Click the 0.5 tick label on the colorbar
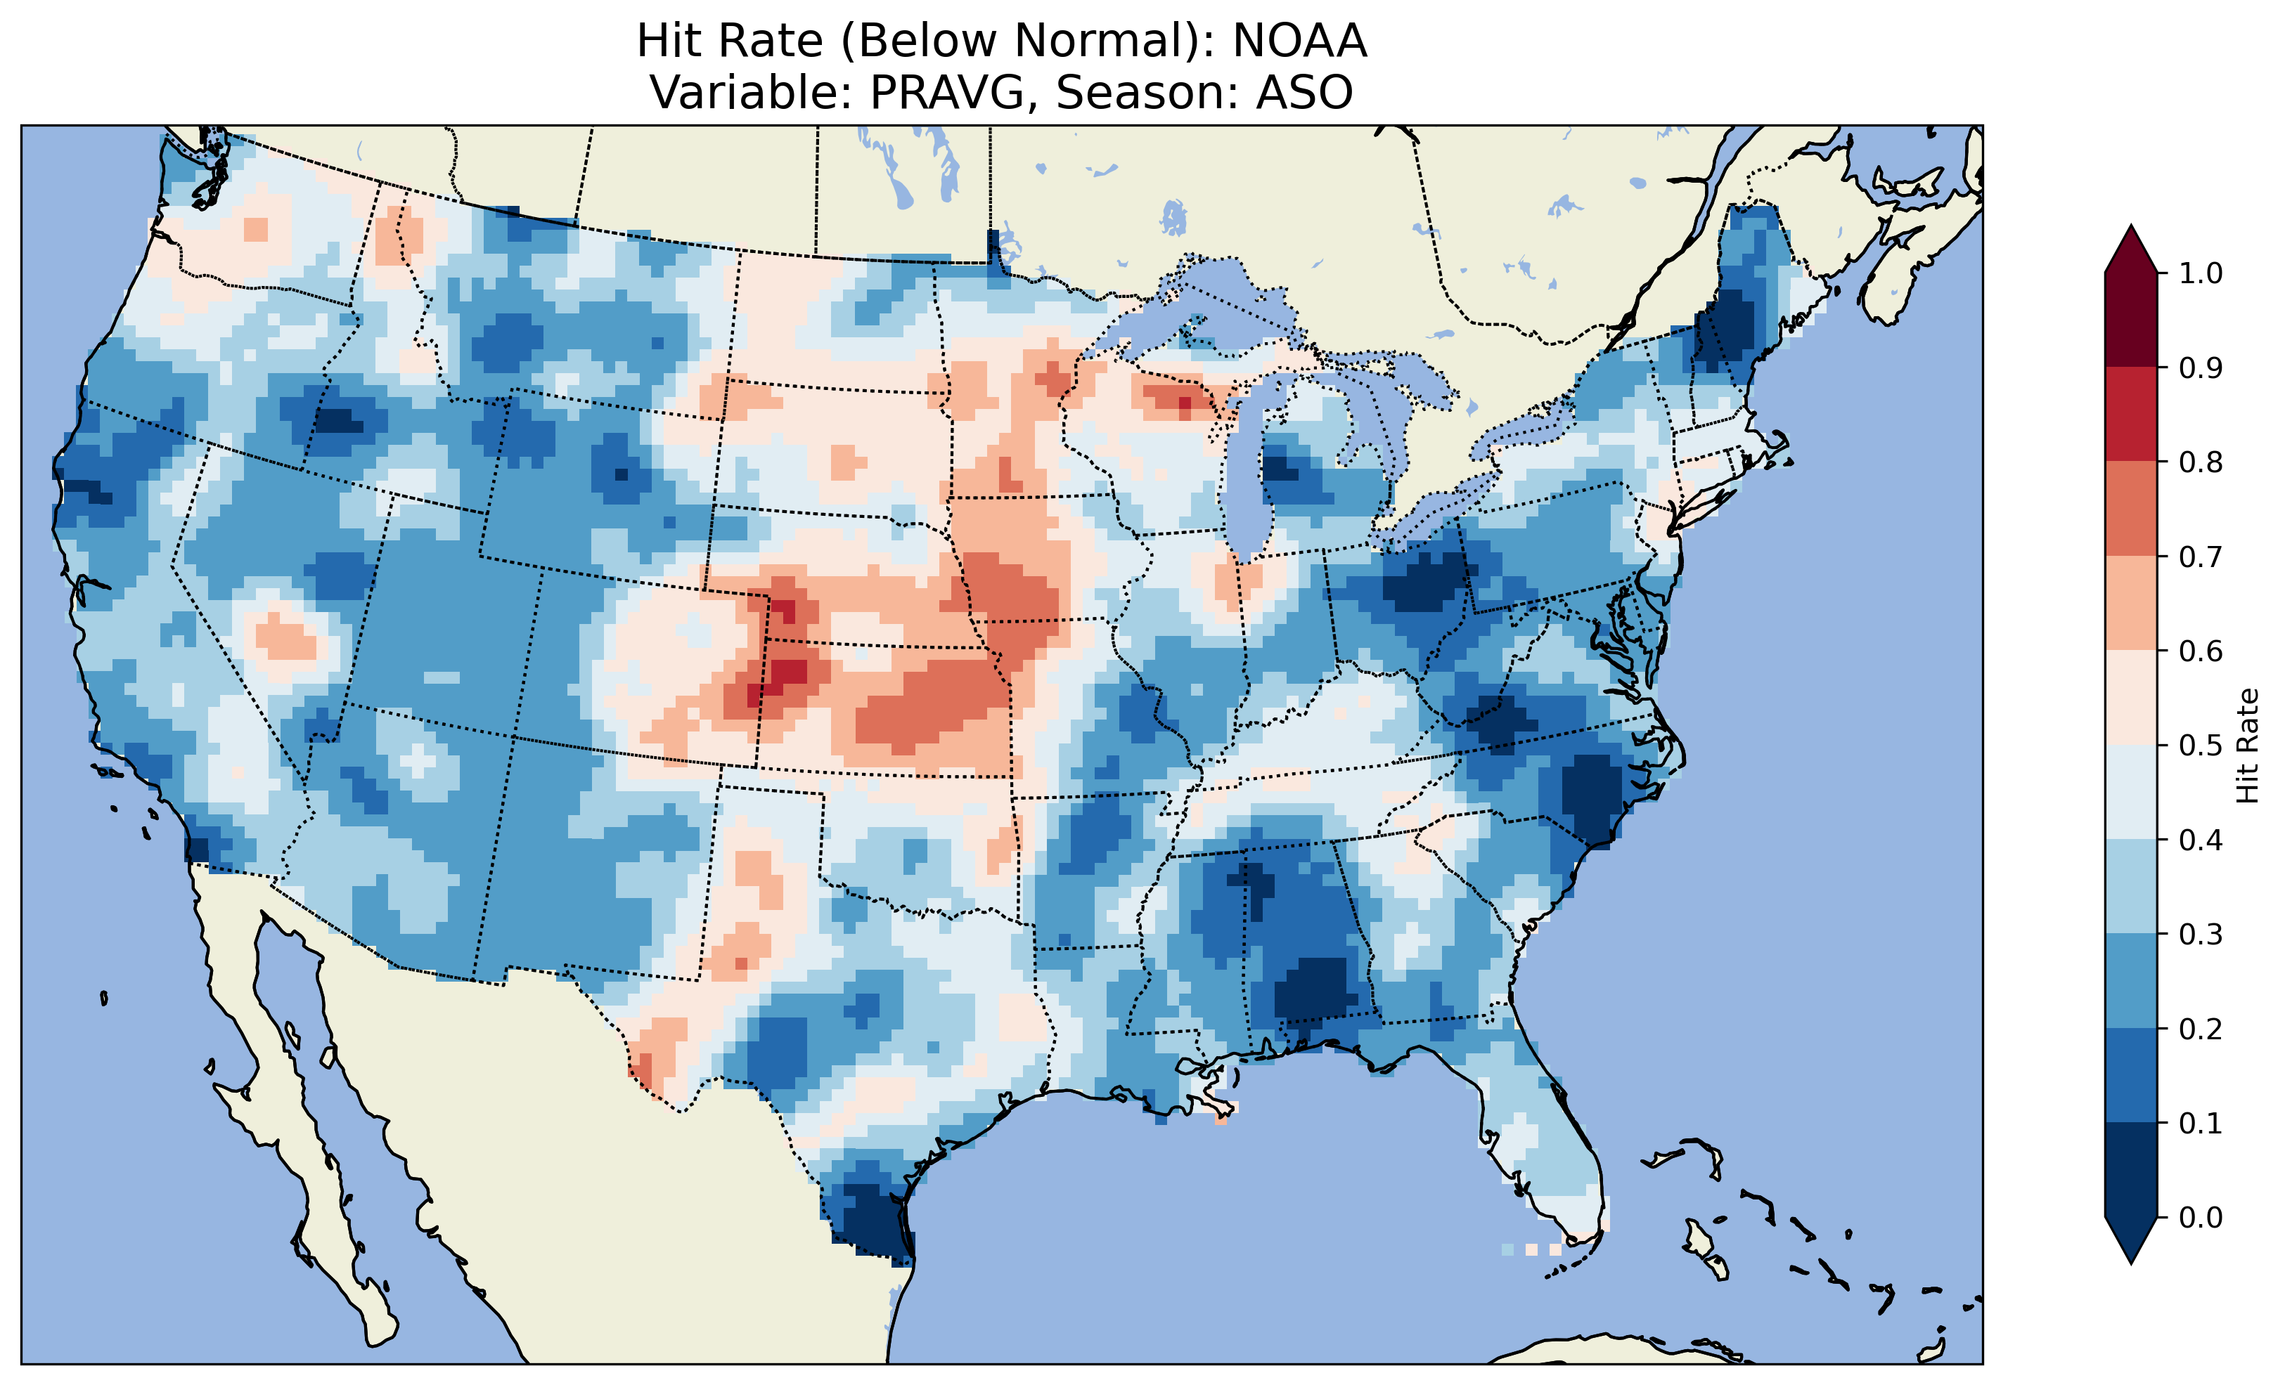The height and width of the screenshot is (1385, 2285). point(2201,746)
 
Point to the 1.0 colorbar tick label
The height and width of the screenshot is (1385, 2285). point(2201,273)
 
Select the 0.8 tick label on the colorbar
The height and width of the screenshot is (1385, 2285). point(2201,462)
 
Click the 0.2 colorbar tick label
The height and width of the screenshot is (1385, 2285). point(2201,1029)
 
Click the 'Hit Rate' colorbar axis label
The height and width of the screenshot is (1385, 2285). point(2247,746)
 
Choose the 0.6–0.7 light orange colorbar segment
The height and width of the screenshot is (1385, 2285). point(2131,604)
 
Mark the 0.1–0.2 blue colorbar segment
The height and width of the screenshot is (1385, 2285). point(2131,1075)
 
